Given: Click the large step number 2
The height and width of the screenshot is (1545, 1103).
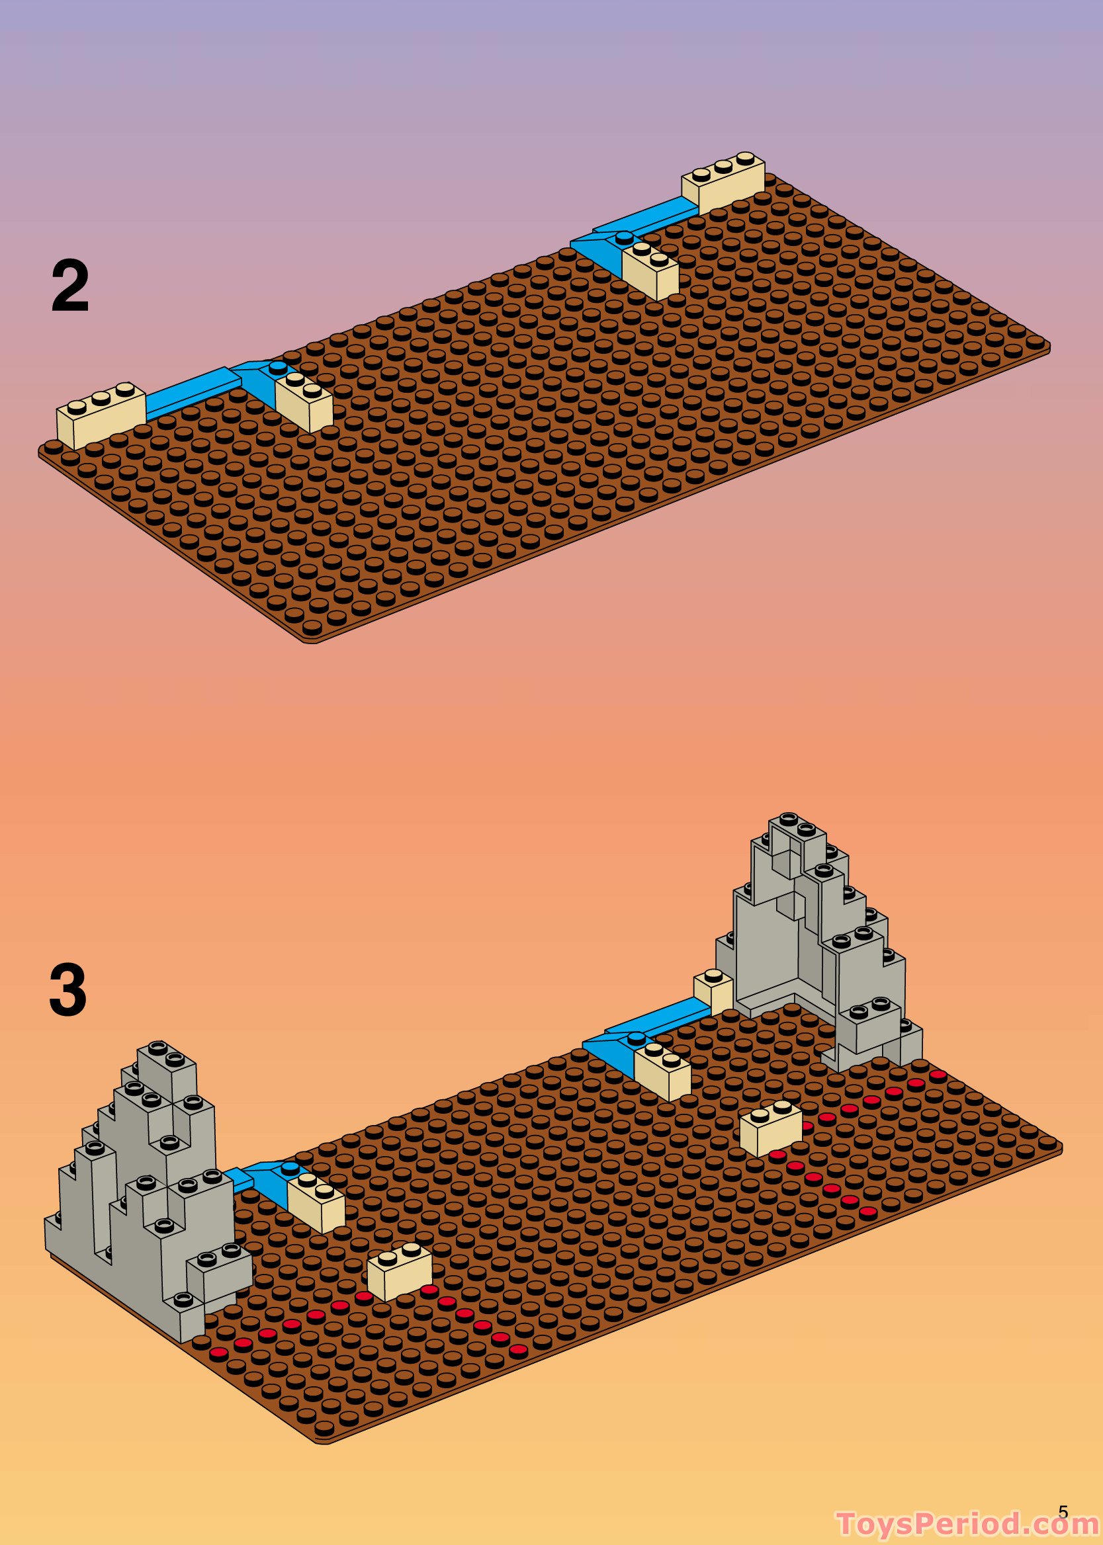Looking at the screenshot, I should pos(70,286).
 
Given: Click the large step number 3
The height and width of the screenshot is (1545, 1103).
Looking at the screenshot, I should pos(69,991).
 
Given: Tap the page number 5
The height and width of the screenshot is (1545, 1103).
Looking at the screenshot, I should pos(1063,1508).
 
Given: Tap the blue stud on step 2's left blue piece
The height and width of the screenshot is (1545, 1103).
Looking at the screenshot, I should pos(278,367).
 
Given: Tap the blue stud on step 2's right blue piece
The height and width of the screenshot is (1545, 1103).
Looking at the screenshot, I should pos(624,237).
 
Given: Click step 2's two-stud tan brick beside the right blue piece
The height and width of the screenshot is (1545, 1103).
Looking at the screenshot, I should pos(650,269).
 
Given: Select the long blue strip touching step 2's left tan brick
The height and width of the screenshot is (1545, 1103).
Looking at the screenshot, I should pos(190,394).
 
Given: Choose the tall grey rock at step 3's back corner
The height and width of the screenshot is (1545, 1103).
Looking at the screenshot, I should pos(815,944).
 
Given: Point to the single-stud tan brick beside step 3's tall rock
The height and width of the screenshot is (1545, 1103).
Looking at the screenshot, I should pos(713,993).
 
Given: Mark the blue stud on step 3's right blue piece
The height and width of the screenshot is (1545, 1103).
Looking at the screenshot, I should pos(637,1036).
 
